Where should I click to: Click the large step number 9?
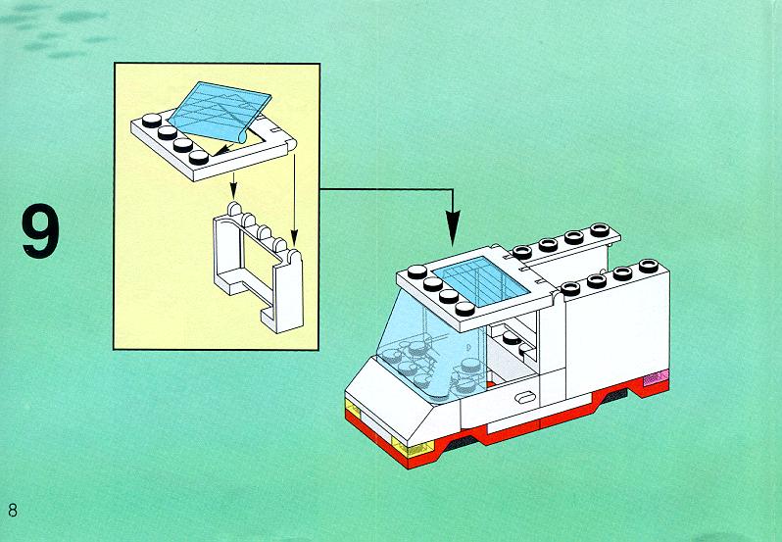tap(40, 232)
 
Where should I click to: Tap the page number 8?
tap(13, 510)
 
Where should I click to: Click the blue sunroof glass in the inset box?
tap(220, 111)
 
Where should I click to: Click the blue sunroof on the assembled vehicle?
tap(481, 280)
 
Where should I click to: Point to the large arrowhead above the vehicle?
tap(453, 227)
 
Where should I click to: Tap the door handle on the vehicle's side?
tap(525, 397)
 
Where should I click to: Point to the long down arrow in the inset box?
tap(294, 197)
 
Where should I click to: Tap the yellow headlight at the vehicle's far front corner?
tap(353, 409)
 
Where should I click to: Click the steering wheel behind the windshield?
tap(416, 348)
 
